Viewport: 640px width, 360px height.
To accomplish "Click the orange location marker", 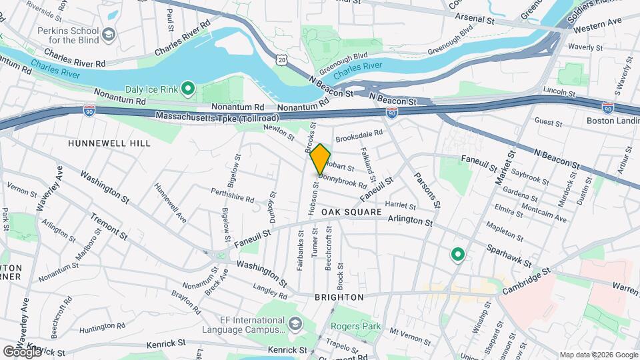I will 320,159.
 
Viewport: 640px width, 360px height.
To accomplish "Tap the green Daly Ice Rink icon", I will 188,87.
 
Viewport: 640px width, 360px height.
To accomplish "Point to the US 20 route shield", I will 282,60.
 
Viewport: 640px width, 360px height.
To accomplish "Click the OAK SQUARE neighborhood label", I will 351,212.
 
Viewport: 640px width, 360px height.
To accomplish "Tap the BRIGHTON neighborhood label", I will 340,297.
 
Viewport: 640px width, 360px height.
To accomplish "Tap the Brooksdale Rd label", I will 359,137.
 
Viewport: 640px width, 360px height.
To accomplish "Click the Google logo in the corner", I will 22,351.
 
